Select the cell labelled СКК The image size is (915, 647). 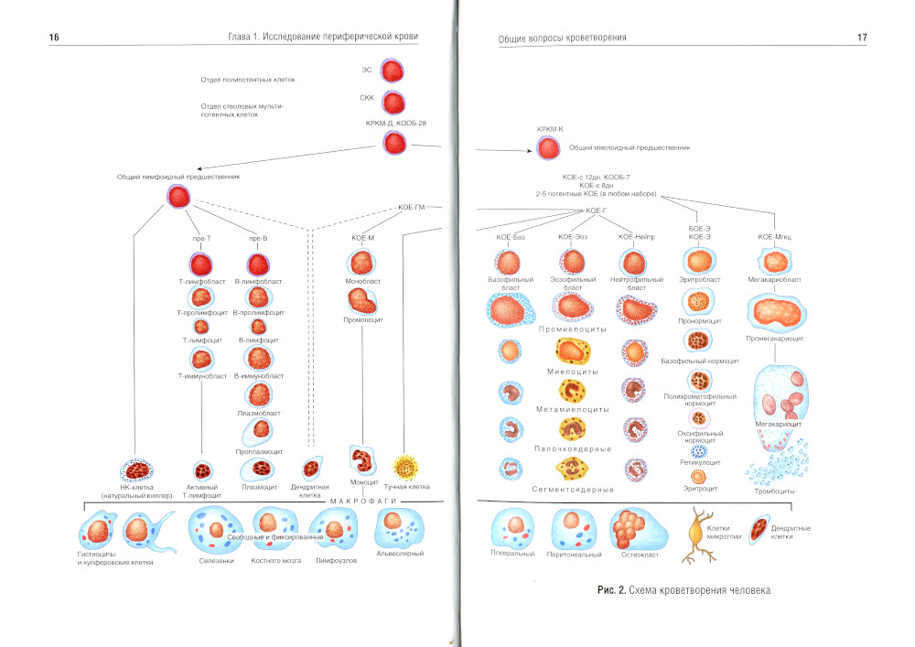click(393, 102)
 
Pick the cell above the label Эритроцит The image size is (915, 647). click(700, 476)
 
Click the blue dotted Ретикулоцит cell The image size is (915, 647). click(700, 451)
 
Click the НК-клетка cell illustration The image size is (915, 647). click(138, 471)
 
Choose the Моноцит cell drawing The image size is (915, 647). click(363, 458)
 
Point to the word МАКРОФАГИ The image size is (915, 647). click(361, 501)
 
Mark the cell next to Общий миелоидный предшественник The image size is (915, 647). click(549, 148)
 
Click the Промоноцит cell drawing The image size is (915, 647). click(363, 301)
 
